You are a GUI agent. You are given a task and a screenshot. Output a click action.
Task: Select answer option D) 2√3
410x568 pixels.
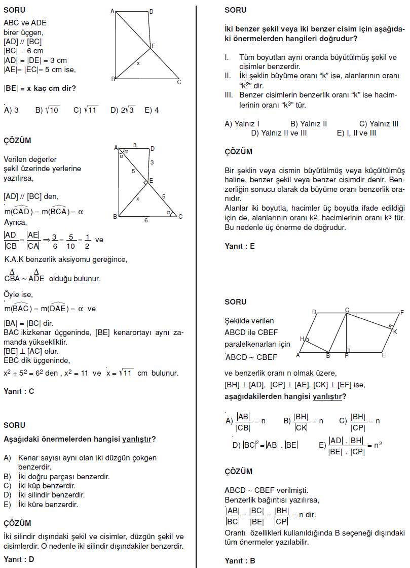(122, 110)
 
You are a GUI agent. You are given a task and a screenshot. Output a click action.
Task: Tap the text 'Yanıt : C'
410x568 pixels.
(19, 391)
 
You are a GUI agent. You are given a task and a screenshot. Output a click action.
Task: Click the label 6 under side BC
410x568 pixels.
(146, 220)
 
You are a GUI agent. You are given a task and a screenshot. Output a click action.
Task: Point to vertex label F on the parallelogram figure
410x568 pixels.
(402, 312)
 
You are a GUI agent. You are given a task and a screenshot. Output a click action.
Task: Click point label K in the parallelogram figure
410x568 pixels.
(395, 332)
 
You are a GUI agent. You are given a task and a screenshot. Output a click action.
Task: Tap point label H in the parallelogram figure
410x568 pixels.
(302, 339)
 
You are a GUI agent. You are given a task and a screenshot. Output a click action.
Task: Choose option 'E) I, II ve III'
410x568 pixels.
(356, 133)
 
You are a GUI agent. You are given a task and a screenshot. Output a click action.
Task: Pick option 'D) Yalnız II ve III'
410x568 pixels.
(279, 133)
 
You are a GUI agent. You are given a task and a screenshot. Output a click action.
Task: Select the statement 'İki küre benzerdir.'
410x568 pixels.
(42, 504)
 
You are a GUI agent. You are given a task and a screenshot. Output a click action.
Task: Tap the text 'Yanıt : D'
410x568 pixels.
(19, 560)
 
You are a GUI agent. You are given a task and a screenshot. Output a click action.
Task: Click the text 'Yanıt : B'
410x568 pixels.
(240, 561)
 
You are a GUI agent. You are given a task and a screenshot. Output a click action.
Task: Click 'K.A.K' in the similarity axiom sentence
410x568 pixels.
(14, 259)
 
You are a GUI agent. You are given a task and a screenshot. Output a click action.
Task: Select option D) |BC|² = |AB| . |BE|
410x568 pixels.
(265, 445)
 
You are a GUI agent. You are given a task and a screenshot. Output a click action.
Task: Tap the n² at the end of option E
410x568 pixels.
(378, 445)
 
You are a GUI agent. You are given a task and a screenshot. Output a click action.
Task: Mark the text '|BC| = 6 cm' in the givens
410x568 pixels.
(23, 51)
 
